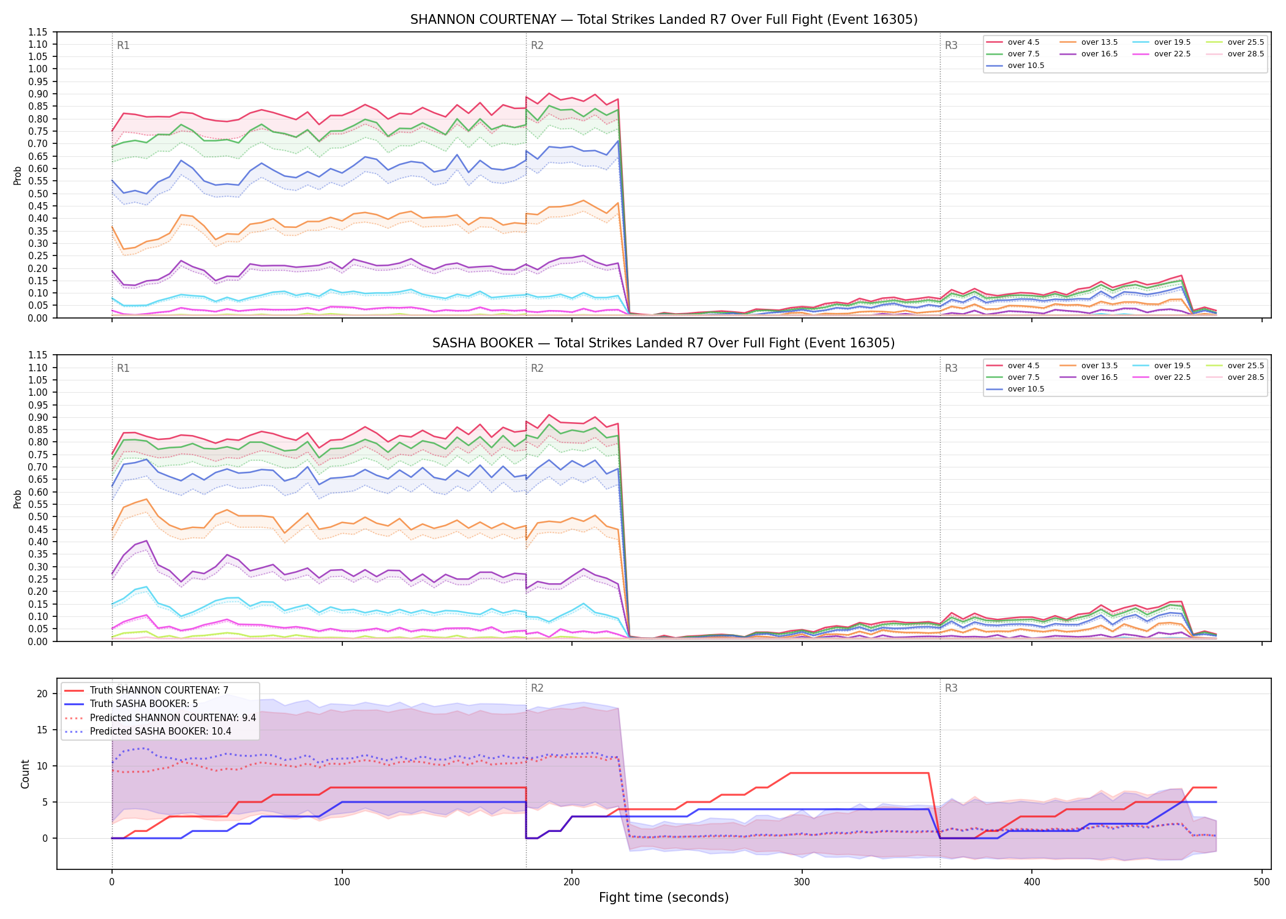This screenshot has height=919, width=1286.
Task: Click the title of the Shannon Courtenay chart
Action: [x=664, y=20]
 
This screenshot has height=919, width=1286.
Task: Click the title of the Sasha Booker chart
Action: [x=664, y=343]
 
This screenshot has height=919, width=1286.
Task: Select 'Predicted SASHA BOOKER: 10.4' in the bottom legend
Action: [x=160, y=732]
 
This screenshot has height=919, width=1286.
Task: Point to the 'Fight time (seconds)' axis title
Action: [x=664, y=898]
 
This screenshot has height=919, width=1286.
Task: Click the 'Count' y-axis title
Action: [x=25, y=774]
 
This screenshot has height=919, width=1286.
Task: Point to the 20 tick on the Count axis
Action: [x=42, y=694]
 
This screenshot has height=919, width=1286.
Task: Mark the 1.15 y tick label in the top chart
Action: [x=38, y=32]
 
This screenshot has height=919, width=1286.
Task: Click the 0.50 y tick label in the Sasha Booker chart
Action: [x=38, y=516]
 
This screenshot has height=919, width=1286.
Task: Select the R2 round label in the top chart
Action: [x=537, y=45]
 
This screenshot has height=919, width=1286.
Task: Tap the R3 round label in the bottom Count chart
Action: [x=951, y=688]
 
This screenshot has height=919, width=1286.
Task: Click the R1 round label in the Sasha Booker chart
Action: [x=123, y=368]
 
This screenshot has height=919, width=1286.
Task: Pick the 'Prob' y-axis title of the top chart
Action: [x=18, y=176]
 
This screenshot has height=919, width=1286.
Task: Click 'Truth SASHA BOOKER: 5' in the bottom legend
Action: [x=144, y=704]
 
